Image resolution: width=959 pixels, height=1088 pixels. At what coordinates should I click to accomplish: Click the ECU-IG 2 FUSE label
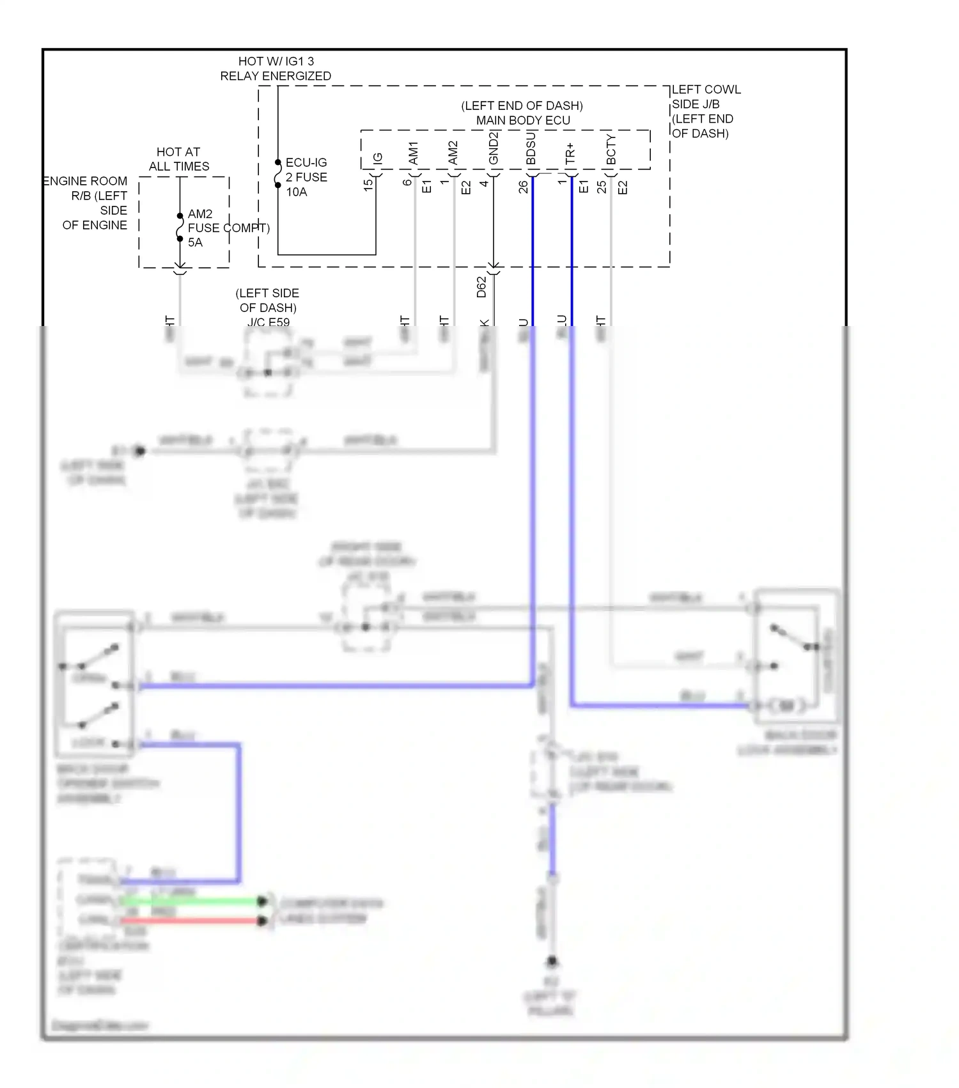(x=306, y=170)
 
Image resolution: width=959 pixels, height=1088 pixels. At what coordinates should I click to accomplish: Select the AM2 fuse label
(x=200, y=214)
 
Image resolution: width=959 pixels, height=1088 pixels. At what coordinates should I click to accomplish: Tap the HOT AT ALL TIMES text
(x=178, y=159)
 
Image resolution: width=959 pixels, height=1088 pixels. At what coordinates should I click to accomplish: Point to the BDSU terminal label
(x=531, y=149)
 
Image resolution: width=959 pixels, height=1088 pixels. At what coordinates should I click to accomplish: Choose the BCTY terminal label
(x=611, y=150)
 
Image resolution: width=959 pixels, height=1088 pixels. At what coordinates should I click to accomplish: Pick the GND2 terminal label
(x=494, y=148)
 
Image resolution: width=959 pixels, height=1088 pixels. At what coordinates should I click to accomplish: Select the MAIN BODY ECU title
(x=522, y=120)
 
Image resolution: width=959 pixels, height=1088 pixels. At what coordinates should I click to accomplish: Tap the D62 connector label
(x=481, y=287)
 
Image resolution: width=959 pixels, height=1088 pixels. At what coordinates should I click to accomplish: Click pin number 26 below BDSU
(x=524, y=187)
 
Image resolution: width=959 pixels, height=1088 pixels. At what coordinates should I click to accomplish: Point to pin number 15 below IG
(x=368, y=185)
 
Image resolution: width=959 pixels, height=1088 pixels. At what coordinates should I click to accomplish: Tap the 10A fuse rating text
(x=296, y=192)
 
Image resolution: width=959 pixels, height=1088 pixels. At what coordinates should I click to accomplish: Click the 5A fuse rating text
(x=195, y=242)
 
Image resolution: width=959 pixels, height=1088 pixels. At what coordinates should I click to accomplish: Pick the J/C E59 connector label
(x=268, y=322)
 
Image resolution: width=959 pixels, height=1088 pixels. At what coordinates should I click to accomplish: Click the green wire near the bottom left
(x=192, y=901)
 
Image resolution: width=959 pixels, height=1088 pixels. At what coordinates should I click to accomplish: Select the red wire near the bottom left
(x=192, y=921)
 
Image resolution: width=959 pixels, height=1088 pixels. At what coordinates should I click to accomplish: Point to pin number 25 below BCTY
(x=602, y=187)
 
